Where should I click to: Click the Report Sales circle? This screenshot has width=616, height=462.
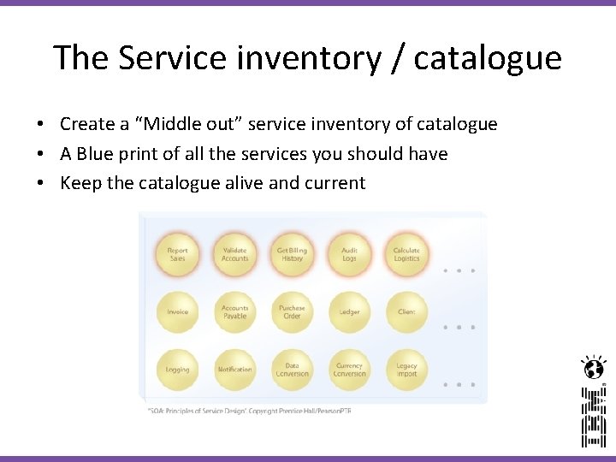coord(177,254)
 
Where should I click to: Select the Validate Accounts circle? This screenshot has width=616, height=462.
coord(234,254)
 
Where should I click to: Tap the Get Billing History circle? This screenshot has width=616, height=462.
coord(292,254)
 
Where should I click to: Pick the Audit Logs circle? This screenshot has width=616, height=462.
coord(349,254)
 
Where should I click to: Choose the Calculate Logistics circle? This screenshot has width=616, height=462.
coord(406,254)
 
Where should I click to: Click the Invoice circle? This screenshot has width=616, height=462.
coord(177,312)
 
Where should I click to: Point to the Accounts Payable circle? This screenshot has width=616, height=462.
coord(234,312)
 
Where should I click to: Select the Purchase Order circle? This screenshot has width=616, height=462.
coord(292,312)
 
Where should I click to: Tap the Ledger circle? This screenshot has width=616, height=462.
coord(349,312)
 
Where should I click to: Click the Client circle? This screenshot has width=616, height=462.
coord(406,312)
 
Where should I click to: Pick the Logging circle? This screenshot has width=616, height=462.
coord(177,370)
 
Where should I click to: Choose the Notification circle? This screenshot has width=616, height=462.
coord(234,370)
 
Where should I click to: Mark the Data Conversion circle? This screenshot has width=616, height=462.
coord(292,370)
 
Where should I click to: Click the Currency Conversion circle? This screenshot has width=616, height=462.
coord(349,370)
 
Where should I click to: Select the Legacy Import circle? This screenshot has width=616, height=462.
coord(406,370)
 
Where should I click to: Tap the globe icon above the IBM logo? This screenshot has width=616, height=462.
coord(592,368)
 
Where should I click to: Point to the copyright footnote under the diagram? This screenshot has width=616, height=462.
coord(249,411)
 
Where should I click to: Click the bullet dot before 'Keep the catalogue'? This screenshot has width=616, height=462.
coord(40,183)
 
